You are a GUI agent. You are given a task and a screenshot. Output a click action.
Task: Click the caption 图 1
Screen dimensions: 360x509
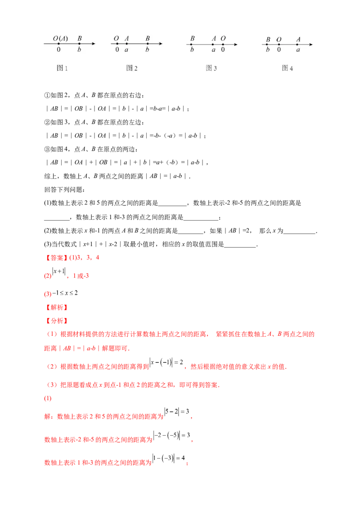(x=62, y=68)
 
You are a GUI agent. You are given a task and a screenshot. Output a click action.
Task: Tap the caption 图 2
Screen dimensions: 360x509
(x=131, y=68)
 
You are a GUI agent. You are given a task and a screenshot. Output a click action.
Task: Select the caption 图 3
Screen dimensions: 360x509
(x=211, y=68)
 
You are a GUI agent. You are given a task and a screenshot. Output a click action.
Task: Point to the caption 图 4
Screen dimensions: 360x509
(x=287, y=68)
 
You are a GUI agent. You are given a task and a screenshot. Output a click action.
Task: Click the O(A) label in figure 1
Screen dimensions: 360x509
(x=60, y=39)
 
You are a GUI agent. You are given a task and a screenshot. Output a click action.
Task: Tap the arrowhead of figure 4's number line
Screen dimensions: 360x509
(x=310, y=45)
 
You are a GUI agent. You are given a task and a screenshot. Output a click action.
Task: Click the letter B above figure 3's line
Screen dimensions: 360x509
(x=192, y=38)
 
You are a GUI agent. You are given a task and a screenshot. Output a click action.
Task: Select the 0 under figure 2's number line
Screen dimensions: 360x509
(x=117, y=49)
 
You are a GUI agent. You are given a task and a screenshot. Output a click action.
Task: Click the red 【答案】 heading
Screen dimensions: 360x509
(x=56, y=258)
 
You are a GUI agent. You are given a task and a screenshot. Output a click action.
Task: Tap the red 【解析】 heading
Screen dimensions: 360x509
(x=56, y=307)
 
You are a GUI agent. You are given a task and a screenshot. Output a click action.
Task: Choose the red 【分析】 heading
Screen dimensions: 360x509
(x=56, y=321)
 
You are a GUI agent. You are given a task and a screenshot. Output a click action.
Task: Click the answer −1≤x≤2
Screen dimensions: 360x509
(x=65, y=293)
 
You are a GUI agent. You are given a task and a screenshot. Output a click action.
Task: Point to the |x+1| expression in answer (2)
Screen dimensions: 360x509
(x=59, y=271)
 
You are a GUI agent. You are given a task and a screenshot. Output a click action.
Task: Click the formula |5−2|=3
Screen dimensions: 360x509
(x=177, y=411)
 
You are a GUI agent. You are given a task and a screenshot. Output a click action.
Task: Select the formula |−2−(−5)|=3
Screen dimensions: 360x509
(x=171, y=435)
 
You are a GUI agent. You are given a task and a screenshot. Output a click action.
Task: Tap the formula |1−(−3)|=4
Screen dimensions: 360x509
(x=169, y=458)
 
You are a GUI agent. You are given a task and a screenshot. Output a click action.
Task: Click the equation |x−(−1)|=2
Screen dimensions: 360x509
(x=166, y=362)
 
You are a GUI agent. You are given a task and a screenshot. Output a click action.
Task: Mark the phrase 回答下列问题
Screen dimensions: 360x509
(x=64, y=190)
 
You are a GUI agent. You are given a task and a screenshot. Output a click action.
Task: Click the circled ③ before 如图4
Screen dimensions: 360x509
(x=47, y=149)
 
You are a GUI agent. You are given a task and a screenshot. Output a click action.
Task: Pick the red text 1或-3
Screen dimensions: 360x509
(x=81, y=276)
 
